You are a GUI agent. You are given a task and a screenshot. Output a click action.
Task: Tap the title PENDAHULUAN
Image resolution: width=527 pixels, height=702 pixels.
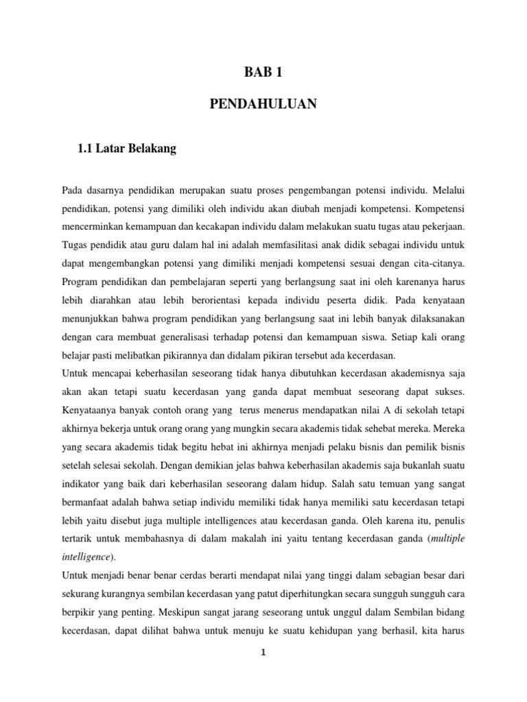pyautogui.click(x=263, y=104)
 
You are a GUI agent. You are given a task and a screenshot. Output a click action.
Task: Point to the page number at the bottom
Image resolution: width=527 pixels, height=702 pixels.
pyautogui.click(x=263, y=653)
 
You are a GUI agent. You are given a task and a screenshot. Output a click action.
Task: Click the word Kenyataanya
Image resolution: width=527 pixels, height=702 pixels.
pyautogui.click(x=89, y=411)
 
